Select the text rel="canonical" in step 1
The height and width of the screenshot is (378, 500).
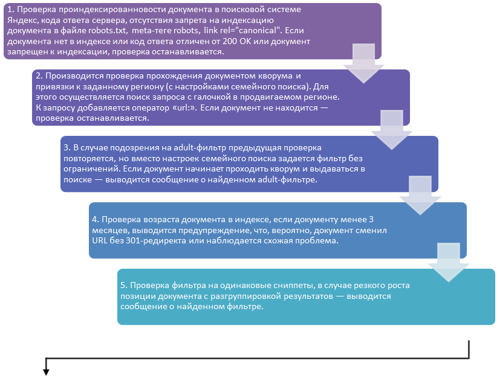252,30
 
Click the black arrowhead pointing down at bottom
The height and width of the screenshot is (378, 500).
45,371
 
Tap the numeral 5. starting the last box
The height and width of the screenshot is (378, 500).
123,284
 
